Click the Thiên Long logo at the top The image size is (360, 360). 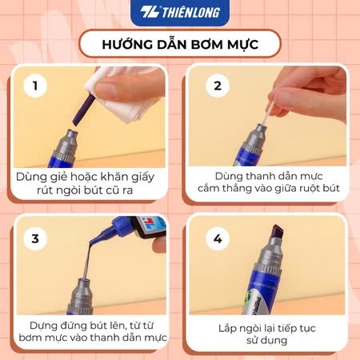180,12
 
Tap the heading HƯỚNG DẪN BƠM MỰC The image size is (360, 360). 180,44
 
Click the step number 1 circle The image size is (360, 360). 35,86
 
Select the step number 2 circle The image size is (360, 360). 218,86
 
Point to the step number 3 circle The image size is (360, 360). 35,238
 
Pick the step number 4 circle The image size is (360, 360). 218,238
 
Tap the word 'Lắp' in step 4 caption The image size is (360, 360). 227,329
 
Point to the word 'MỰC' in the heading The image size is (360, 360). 243,44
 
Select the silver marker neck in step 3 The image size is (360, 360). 81,295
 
